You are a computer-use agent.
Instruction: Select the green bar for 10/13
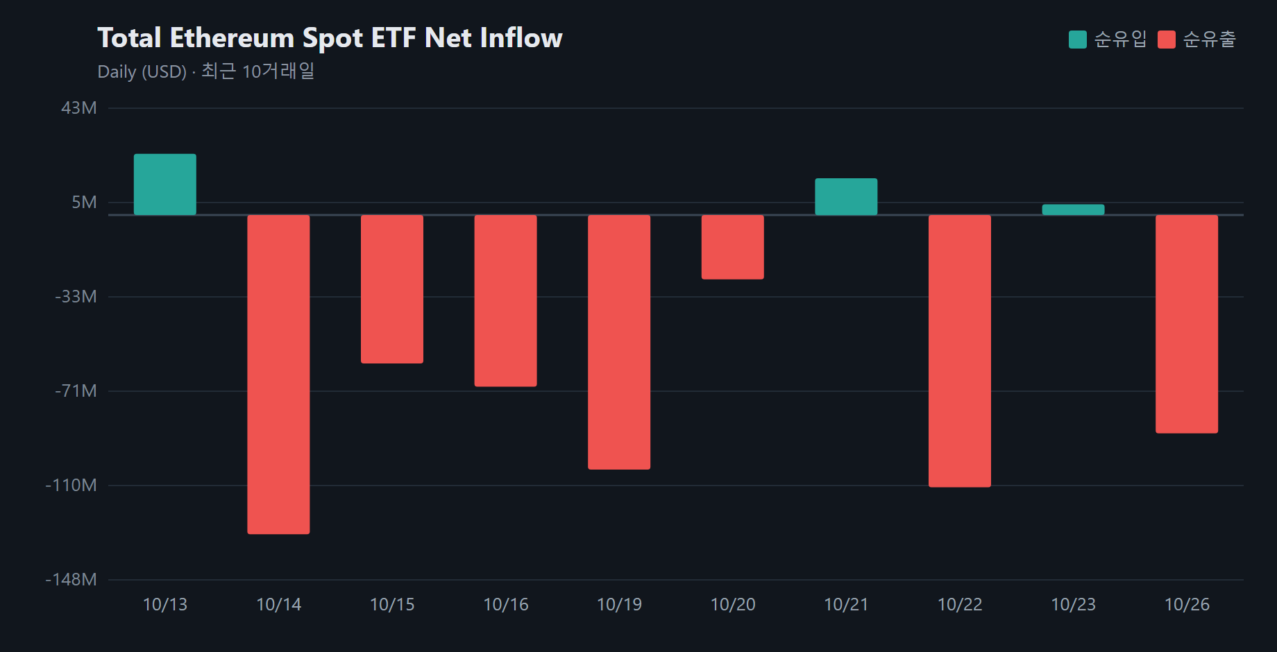[165, 185]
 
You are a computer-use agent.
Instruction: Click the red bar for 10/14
[278, 375]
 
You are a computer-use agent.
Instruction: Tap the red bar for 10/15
[392, 289]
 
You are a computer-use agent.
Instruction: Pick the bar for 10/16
[506, 301]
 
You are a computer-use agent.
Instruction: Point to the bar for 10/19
[619, 343]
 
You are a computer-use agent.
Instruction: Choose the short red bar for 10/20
[733, 247]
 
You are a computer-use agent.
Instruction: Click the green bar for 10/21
[846, 197]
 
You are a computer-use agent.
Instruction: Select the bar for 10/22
[960, 351]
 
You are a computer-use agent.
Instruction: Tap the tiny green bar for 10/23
[1073, 209]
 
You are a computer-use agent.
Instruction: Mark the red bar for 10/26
[1187, 324]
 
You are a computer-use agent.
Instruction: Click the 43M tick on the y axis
[79, 108]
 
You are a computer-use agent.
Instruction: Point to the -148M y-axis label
[71, 580]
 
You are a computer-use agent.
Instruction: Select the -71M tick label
[76, 391]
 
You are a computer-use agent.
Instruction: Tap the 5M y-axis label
[85, 203]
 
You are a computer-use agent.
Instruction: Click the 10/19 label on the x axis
[619, 605]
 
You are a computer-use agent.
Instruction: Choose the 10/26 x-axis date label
[1187, 605]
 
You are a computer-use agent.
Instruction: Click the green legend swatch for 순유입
[1078, 40]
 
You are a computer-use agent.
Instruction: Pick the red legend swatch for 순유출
[1167, 40]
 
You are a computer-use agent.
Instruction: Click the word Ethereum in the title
[232, 38]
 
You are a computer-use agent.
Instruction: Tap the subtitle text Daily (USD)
[142, 72]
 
